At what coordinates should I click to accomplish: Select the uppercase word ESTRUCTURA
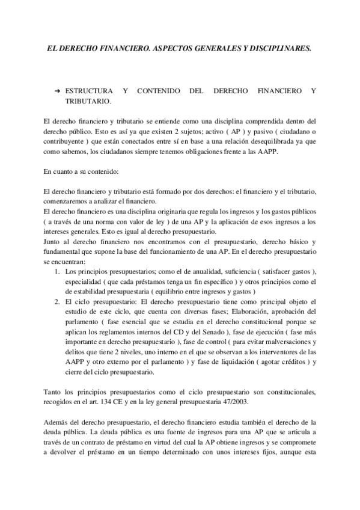point(88,90)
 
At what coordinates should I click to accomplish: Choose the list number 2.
point(57,303)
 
